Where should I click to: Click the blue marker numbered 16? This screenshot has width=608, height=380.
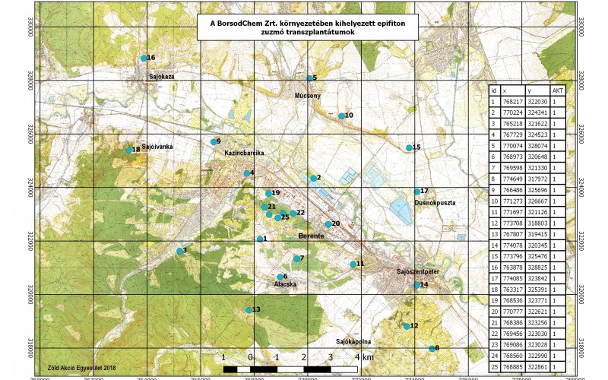tap(144, 58)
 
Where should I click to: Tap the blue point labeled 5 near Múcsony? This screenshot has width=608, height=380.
tap(309, 78)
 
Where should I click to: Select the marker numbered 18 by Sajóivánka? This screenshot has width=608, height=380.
tap(129, 150)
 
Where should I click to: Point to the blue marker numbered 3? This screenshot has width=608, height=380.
tap(179, 251)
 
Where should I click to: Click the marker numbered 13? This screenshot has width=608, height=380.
tap(249, 309)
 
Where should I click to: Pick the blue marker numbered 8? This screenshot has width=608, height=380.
tap(432, 348)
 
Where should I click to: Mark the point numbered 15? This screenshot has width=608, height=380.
tap(409, 147)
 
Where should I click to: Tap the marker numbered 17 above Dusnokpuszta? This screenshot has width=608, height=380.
tap(417, 191)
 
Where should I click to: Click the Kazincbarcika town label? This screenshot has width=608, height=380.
tap(242, 153)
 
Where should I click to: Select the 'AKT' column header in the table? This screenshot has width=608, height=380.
tap(558, 90)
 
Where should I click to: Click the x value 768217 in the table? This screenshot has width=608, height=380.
tap(513, 101)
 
